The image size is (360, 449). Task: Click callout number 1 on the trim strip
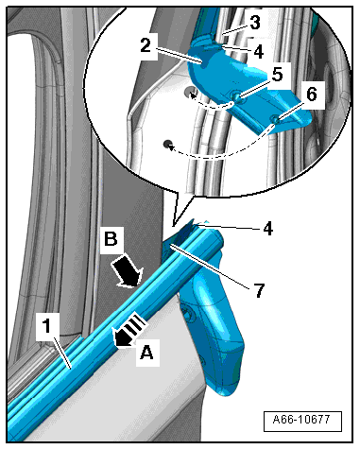click(x=46, y=326)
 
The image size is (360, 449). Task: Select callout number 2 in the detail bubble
click(x=146, y=46)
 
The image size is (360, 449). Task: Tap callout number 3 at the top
click(x=255, y=23)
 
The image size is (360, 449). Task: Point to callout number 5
click(x=277, y=74)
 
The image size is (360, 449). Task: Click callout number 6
click(x=311, y=95)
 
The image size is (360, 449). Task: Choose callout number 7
click(x=259, y=290)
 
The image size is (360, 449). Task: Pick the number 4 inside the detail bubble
click(x=258, y=52)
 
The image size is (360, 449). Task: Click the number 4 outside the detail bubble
click(x=268, y=229)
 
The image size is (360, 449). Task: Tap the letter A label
click(x=146, y=352)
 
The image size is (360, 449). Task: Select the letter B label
click(x=111, y=239)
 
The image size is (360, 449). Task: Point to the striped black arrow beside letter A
click(x=129, y=332)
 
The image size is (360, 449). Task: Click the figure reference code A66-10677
click(x=301, y=420)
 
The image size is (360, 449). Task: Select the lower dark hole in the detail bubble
click(x=167, y=145)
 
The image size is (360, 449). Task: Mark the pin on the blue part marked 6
click(x=275, y=120)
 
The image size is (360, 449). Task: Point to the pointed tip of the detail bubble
click(x=173, y=226)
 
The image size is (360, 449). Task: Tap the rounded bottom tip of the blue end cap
click(x=225, y=394)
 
